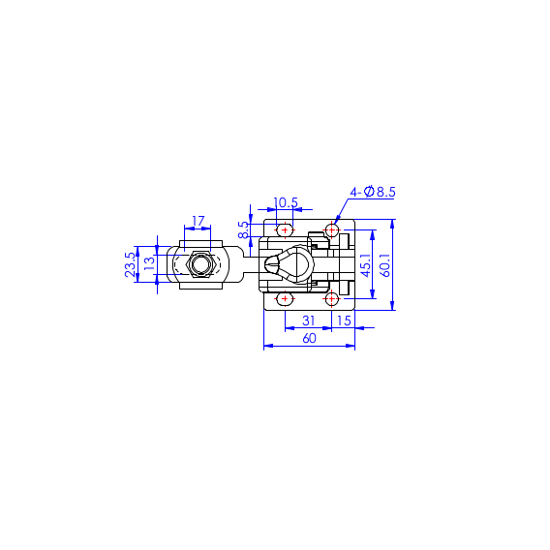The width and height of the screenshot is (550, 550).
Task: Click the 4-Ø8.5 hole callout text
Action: (373, 192)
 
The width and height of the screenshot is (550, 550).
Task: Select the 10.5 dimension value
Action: (286, 202)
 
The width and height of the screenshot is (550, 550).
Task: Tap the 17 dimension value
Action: (198, 221)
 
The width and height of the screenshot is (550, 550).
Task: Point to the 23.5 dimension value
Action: (130, 264)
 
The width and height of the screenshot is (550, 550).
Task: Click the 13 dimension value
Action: (149, 263)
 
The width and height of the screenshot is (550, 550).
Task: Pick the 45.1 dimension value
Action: (366, 265)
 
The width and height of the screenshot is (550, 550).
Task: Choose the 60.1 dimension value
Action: (384, 265)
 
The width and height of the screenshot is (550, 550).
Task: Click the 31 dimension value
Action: (308, 321)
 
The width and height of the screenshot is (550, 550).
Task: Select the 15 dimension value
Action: (344, 321)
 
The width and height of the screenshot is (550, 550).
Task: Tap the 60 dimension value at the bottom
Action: (309, 338)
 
